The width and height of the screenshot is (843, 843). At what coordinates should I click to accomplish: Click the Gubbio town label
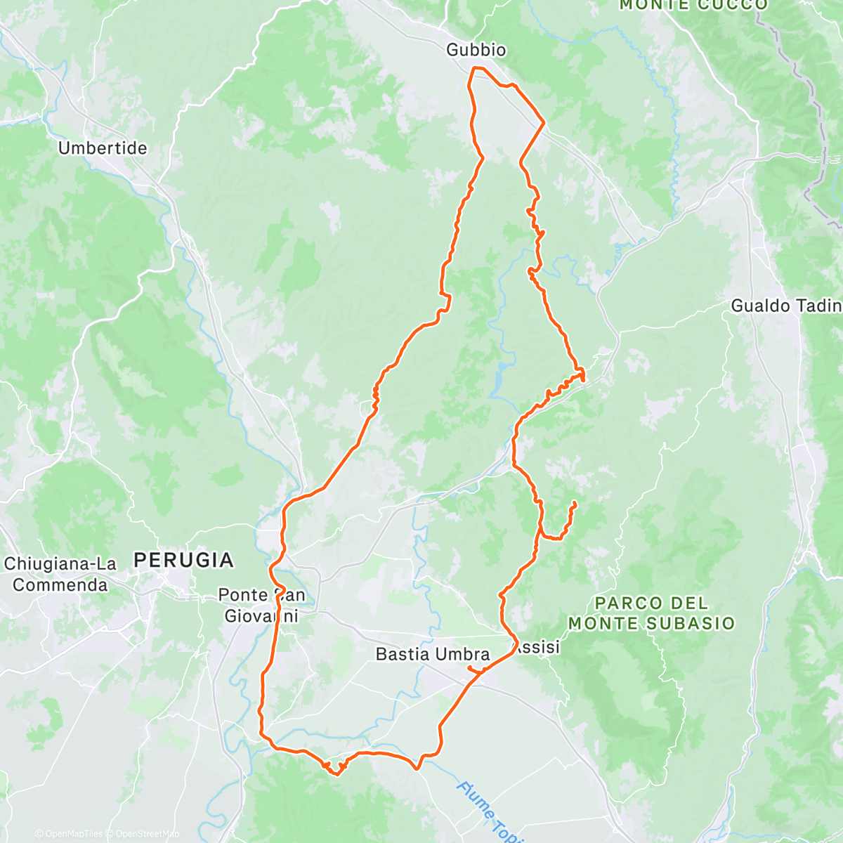point(476,50)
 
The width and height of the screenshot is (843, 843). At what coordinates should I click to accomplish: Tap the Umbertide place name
point(103,148)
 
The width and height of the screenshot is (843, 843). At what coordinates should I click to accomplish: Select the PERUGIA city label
point(183,560)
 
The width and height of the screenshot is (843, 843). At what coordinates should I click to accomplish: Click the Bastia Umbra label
point(432,654)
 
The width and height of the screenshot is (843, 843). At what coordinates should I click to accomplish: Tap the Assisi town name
point(538,647)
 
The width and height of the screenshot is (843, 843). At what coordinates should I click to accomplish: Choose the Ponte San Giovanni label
point(261,606)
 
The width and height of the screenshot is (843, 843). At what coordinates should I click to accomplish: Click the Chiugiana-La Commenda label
point(60,575)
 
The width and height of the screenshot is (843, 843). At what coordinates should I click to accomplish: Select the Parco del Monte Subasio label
point(651,613)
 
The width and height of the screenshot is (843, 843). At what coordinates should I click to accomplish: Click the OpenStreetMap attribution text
point(143,835)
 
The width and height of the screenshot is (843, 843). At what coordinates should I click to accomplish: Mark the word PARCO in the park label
point(618,603)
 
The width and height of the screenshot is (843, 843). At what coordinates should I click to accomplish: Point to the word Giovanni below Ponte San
point(261,616)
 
